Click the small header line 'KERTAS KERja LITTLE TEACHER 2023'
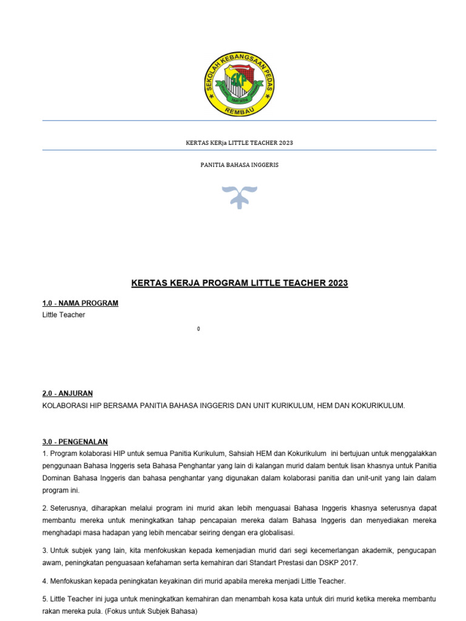coord(239,143)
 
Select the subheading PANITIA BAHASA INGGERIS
coord(240,165)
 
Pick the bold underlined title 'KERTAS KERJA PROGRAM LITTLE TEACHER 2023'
coord(240,283)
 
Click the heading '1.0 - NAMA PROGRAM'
coord(80,303)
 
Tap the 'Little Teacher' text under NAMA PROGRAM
coord(64,315)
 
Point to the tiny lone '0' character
coord(198,329)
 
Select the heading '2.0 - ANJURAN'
coord(67,394)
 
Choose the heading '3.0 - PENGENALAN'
coord(75,441)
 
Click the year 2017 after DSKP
coord(348,563)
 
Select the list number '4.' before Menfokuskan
coord(46,581)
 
